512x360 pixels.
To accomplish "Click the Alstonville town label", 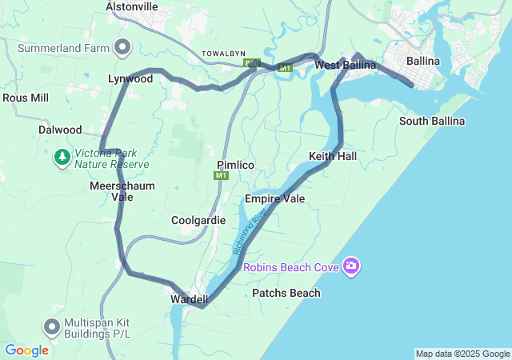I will point(132,6).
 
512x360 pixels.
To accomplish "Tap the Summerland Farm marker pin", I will point(122,48).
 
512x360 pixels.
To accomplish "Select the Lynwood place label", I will point(130,79).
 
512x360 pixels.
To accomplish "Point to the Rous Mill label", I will point(26,98).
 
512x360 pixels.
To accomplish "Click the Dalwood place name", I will point(60,130).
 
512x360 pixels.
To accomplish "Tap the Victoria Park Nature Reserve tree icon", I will point(62,158).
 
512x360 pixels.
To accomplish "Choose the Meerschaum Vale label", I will point(122,190).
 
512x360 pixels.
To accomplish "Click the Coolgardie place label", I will point(193,219).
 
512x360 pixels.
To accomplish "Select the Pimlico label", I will point(235,164).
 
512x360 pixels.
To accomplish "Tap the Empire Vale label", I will point(275,198).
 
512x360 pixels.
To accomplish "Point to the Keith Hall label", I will point(333,156).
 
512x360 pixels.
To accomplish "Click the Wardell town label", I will point(190,299).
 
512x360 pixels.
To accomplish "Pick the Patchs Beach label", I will point(286,293).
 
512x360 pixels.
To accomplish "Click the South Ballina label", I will point(432,121).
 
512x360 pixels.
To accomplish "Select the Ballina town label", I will point(423,61).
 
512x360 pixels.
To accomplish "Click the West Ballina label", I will point(341,65).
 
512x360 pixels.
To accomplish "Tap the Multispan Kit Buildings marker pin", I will point(52,326).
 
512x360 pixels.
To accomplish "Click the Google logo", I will point(26,350).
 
